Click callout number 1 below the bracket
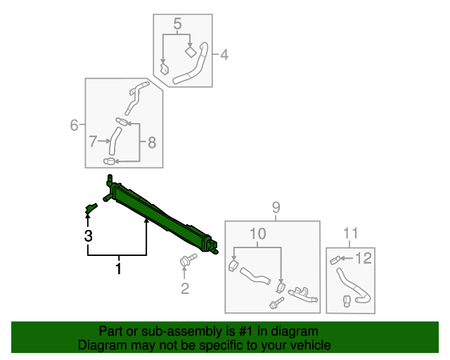(x=118, y=269)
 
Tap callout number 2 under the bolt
(x=185, y=288)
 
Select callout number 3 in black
(x=89, y=236)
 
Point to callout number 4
(x=224, y=55)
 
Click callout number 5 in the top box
(x=178, y=23)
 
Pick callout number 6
(x=74, y=125)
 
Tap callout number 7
(x=93, y=141)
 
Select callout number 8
(x=152, y=143)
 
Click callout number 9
(x=276, y=207)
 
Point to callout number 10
(x=258, y=233)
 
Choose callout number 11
(x=350, y=233)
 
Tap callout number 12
(x=364, y=258)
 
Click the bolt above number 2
(x=188, y=259)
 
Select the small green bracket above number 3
(x=91, y=208)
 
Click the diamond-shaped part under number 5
(x=190, y=52)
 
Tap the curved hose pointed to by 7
(x=115, y=141)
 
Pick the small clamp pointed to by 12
(x=335, y=260)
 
